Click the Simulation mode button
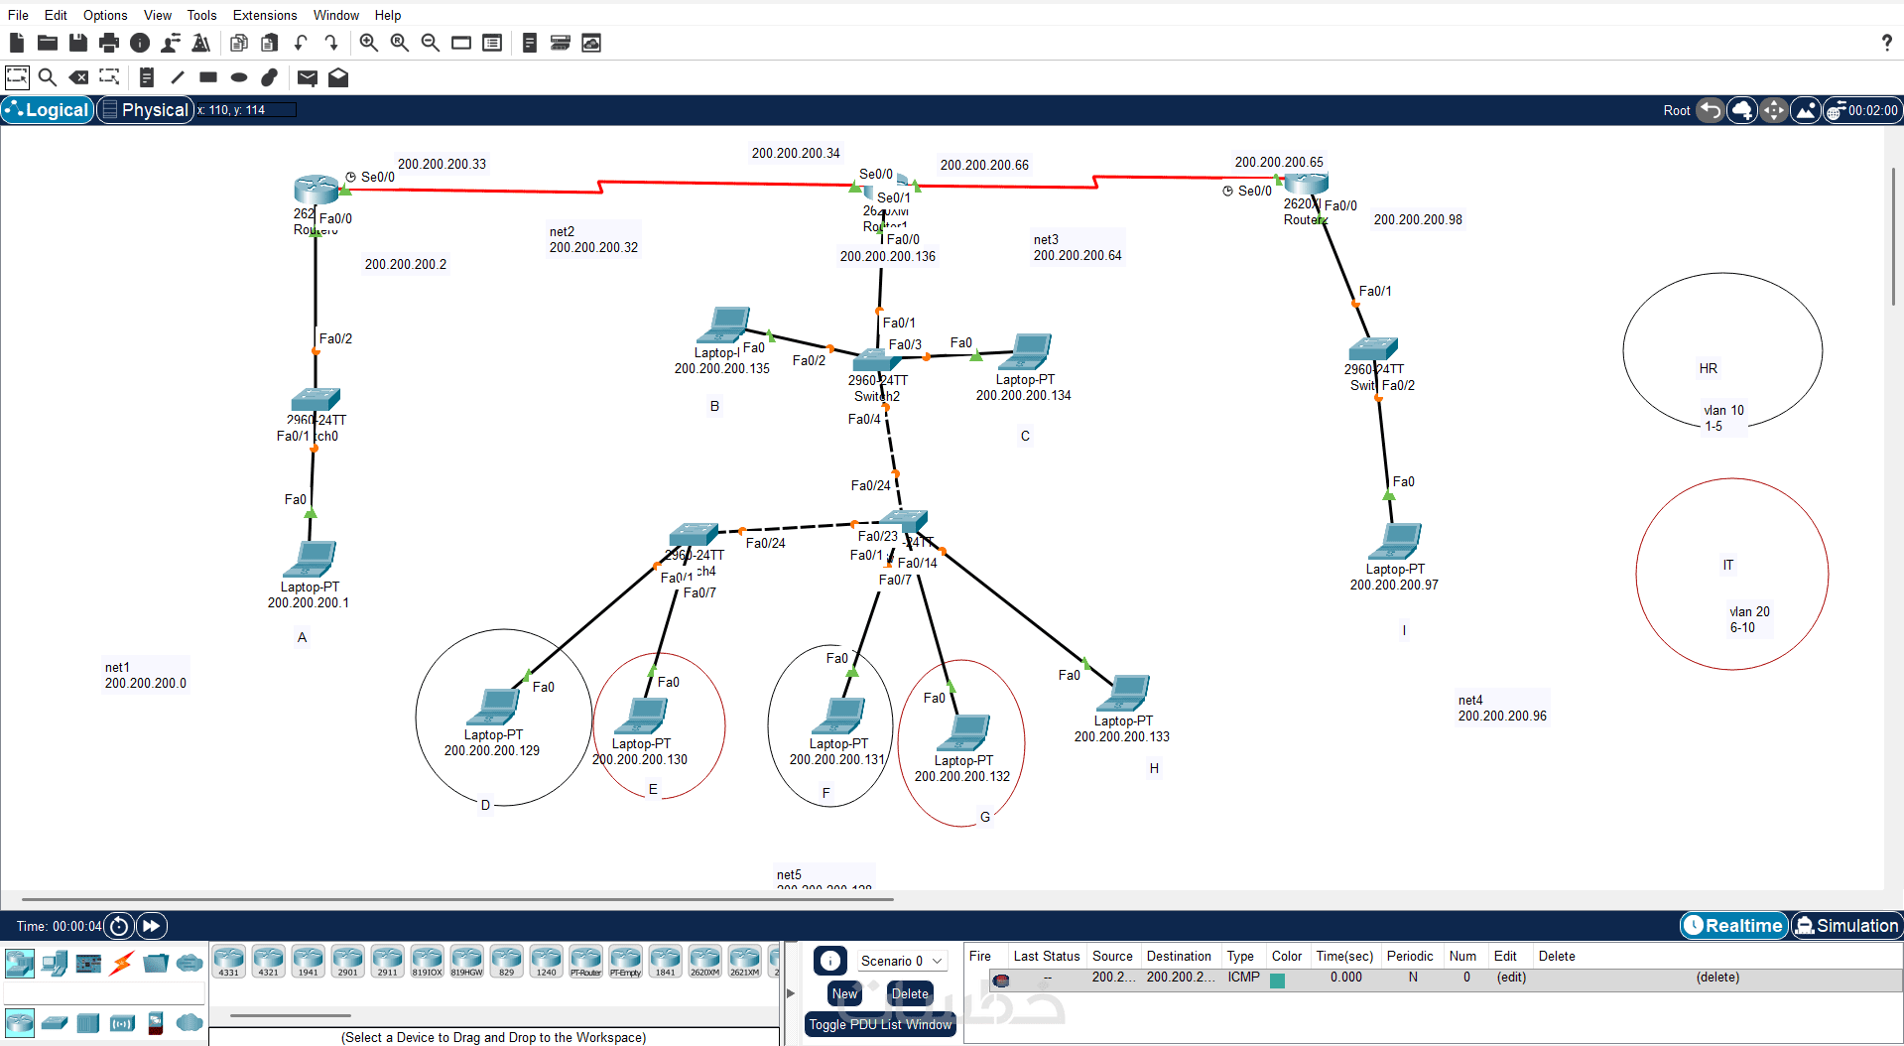tap(1846, 926)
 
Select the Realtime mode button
tap(1733, 926)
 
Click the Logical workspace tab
tap(48, 110)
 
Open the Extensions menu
tap(264, 15)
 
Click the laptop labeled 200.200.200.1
tap(311, 559)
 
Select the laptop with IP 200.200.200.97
tap(1396, 541)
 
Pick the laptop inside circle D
tap(494, 707)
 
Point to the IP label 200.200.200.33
tap(442, 164)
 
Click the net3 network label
tap(1046, 239)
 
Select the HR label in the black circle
tap(1708, 368)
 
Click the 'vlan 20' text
tap(1749, 611)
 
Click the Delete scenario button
tap(909, 993)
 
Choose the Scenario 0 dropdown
tap(901, 961)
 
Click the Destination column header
tap(1179, 956)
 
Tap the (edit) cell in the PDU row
tap(1511, 978)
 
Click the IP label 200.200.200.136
tap(887, 256)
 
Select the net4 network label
tap(1469, 700)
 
